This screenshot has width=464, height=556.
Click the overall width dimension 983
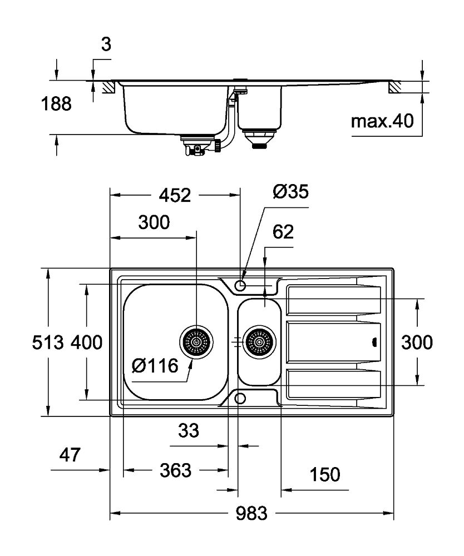[x=251, y=513]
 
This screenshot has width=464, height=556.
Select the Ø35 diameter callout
[x=290, y=192]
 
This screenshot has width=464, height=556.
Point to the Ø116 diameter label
[x=155, y=366]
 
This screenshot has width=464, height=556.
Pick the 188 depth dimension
[x=56, y=104]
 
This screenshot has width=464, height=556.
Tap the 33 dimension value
[x=188, y=429]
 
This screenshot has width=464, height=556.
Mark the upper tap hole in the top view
[x=240, y=285]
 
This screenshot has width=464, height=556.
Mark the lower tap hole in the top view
[x=240, y=398]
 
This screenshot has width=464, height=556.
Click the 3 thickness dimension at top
[x=106, y=45]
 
